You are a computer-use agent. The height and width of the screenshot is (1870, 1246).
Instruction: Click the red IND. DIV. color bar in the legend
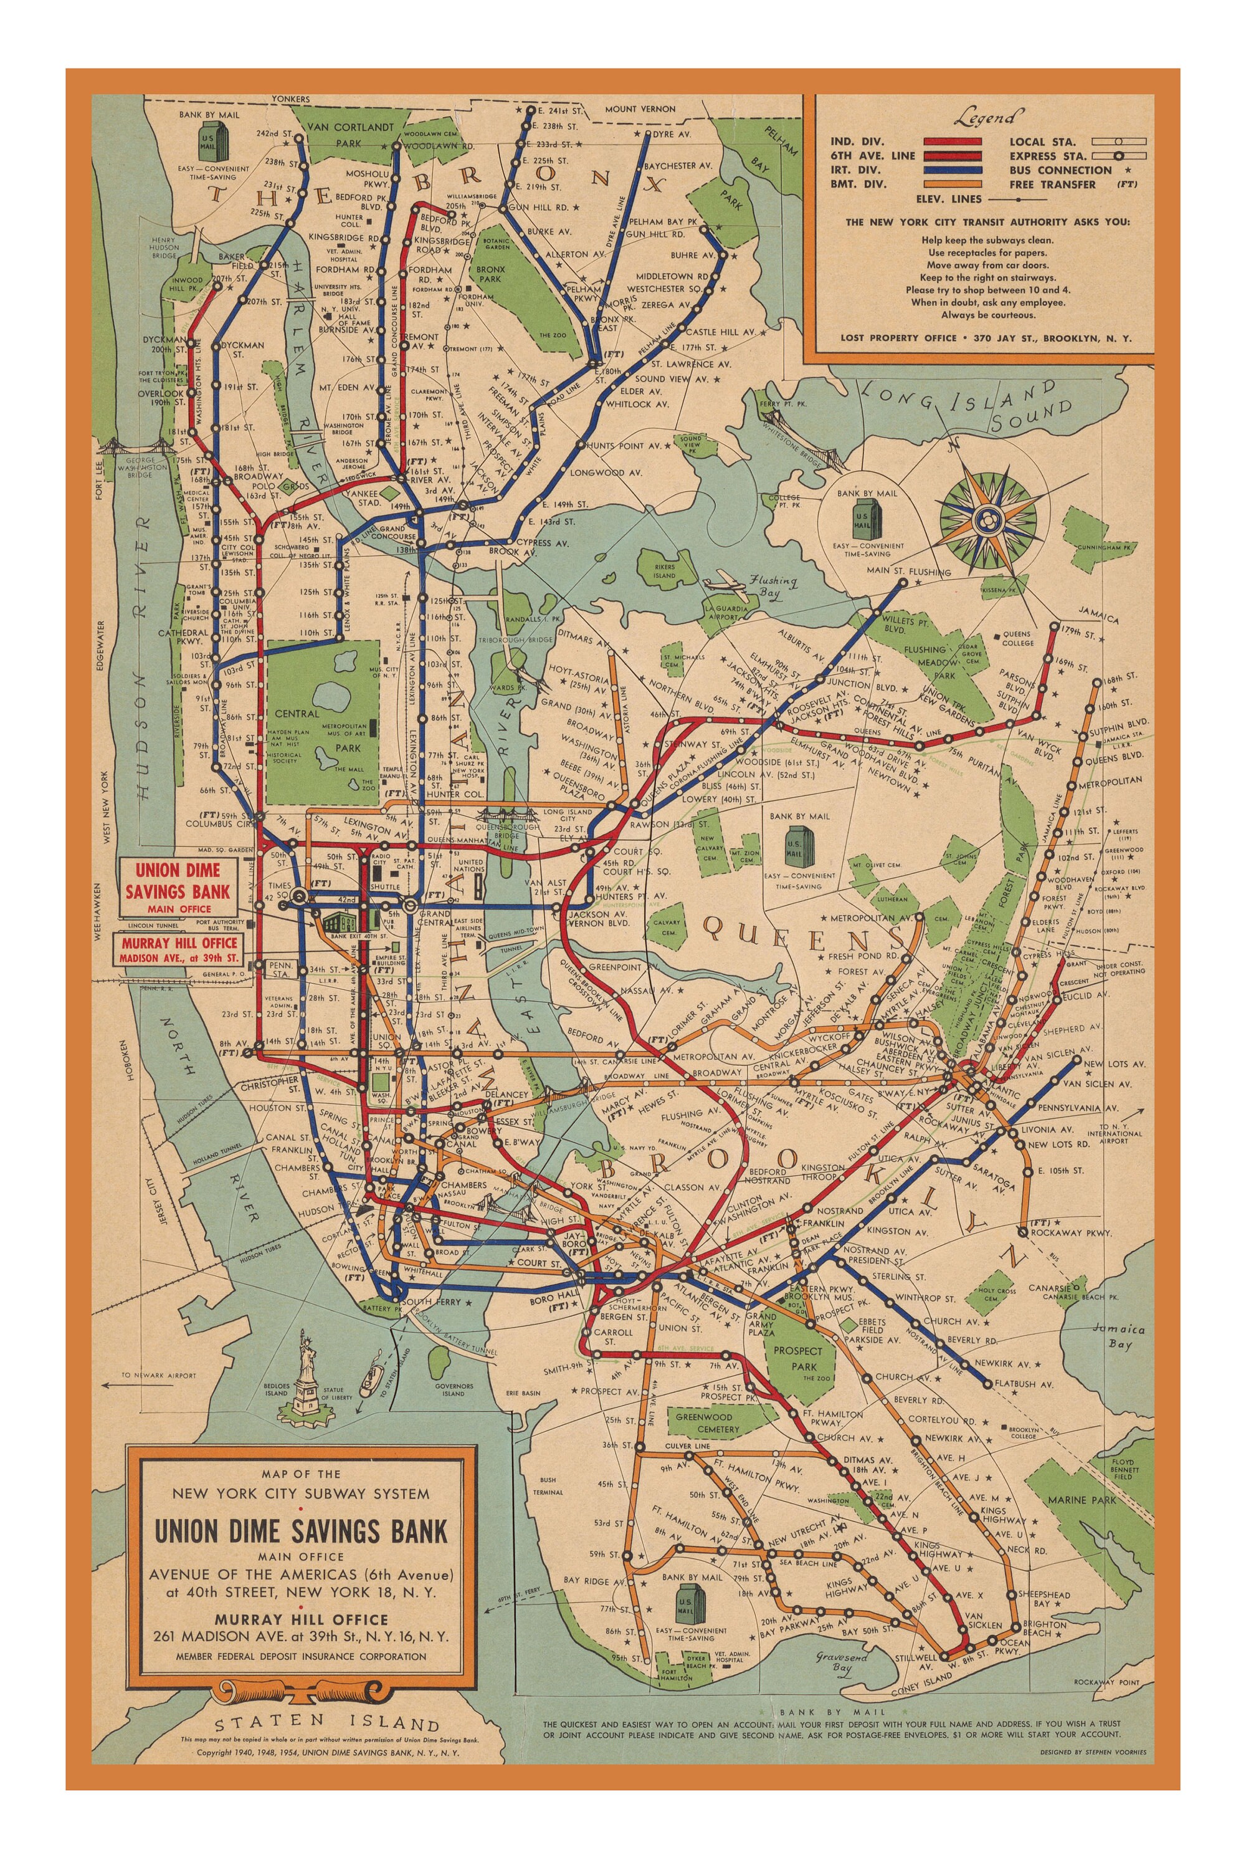[x=952, y=142]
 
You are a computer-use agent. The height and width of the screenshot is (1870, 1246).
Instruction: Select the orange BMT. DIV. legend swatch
[x=952, y=185]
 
